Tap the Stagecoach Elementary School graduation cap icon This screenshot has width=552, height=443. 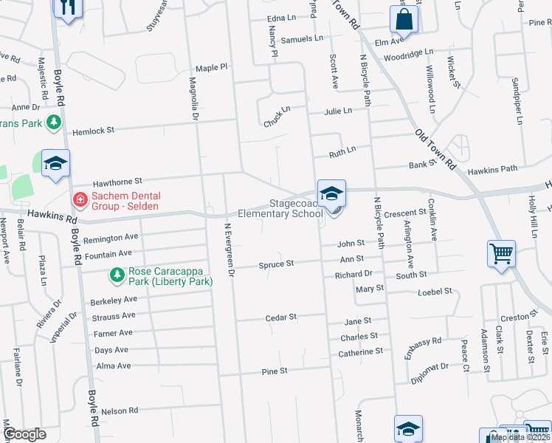click(332, 193)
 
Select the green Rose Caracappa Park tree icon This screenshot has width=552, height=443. click(117, 275)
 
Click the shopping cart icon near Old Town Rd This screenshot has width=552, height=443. click(501, 254)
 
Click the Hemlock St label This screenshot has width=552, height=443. click(94, 131)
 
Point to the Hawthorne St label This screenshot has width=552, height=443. click(117, 181)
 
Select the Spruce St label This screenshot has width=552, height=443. click(276, 264)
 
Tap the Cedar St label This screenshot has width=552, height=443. click(281, 317)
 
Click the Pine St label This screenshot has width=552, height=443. click(274, 371)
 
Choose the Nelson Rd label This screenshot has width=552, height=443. click(120, 411)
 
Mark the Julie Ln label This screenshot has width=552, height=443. click(339, 111)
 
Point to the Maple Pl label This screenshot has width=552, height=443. click(213, 67)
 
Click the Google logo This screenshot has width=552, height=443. click(24, 434)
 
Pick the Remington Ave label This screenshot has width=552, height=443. click(111, 238)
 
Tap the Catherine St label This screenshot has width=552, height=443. click(361, 352)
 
